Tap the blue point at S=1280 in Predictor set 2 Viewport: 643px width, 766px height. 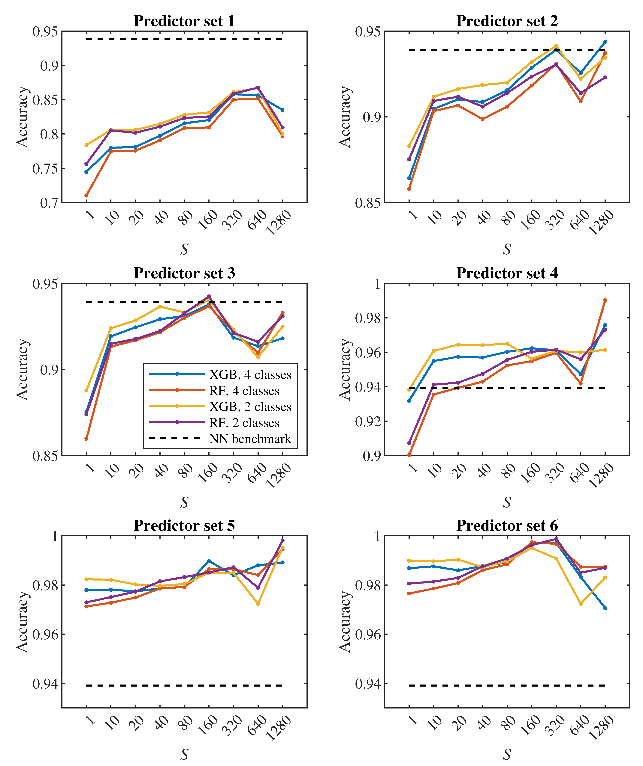pyautogui.click(x=605, y=42)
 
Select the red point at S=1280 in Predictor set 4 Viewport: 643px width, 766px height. pyautogui.click(x=605, y=300)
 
